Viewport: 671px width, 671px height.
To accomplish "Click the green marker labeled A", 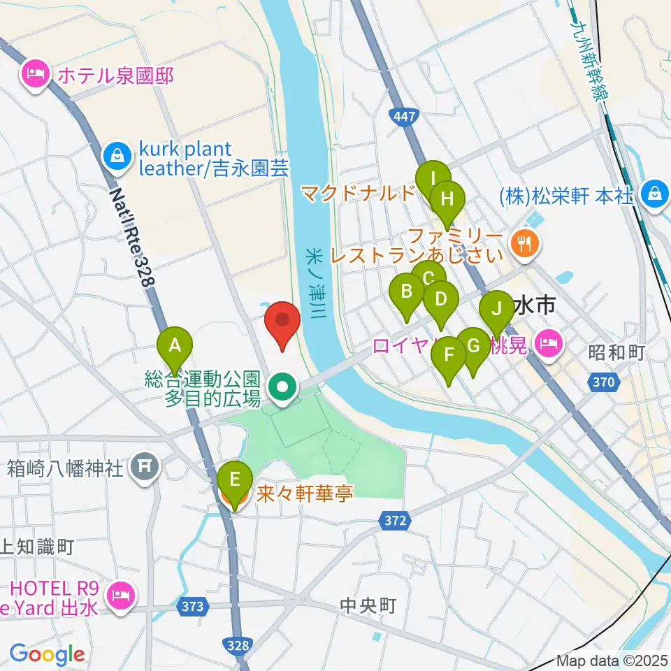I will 175,345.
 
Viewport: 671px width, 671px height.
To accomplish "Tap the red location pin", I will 283,322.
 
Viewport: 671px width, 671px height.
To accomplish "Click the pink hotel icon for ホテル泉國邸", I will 34,73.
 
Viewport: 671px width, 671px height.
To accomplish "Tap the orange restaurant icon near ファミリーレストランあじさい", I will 523,242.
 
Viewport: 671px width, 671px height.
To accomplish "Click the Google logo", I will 47,654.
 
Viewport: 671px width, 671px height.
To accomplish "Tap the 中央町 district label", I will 368,605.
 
